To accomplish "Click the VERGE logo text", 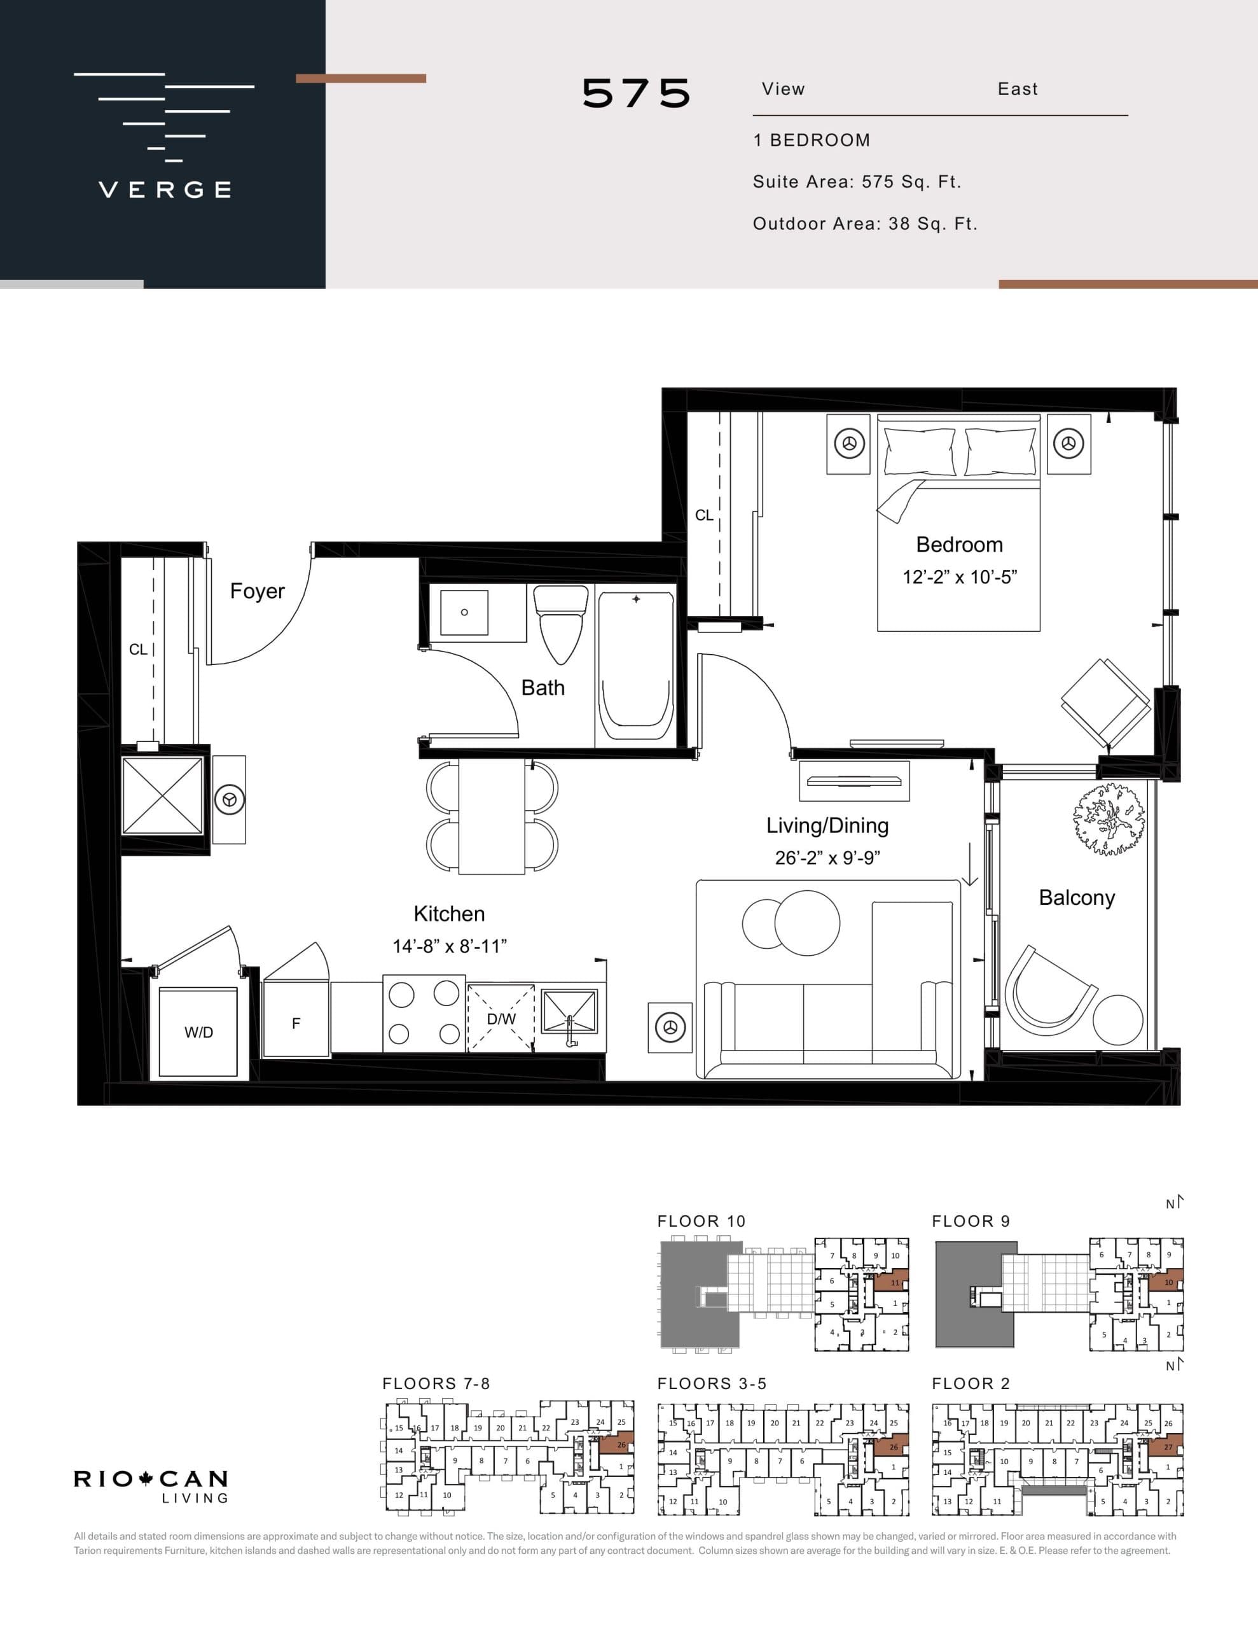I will tap(165, 190).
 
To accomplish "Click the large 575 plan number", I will tap(636, 94).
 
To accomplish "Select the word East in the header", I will tap(1017, 90).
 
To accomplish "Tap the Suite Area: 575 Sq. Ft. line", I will tap(856, 182).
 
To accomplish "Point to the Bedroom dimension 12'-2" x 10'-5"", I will tap(959, 577).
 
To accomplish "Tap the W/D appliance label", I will tap(198, 1032).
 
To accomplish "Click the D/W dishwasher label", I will tap(501, 1019).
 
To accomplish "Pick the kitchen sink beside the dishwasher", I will tap(569, 1013).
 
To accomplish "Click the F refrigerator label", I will tap(296, 1024).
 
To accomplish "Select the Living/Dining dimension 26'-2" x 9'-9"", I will tap(827, 858).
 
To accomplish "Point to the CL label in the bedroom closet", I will tap(703, 515).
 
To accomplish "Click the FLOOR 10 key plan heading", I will tap(701, 1221).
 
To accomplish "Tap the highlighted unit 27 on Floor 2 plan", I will tap(1167, 1447).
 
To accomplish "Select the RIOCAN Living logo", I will tap(151, 1486).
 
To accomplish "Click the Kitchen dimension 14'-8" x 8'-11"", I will tap(450, 946).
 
